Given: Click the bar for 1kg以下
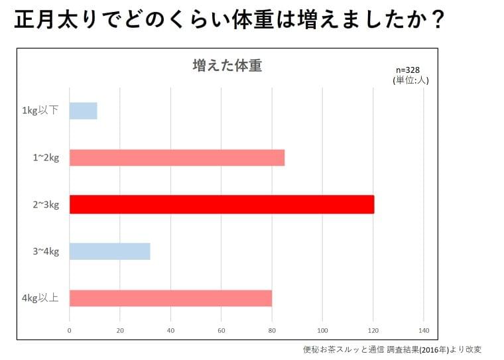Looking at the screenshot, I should point(84,111).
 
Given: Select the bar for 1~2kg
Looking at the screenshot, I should point(177,158).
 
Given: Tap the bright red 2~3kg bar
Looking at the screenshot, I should point(221,204).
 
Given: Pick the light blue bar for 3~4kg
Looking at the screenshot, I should point(110,251).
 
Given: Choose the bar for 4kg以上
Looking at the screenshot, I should point(170,298).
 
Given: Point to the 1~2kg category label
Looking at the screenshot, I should point(46,158).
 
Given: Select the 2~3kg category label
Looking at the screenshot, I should point(46,204).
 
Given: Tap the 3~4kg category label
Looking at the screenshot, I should point(46,251).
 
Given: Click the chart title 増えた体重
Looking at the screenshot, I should point(227,66).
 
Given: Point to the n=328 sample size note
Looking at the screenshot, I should point(408,70).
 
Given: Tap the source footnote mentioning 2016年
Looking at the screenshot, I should point(392,349).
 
